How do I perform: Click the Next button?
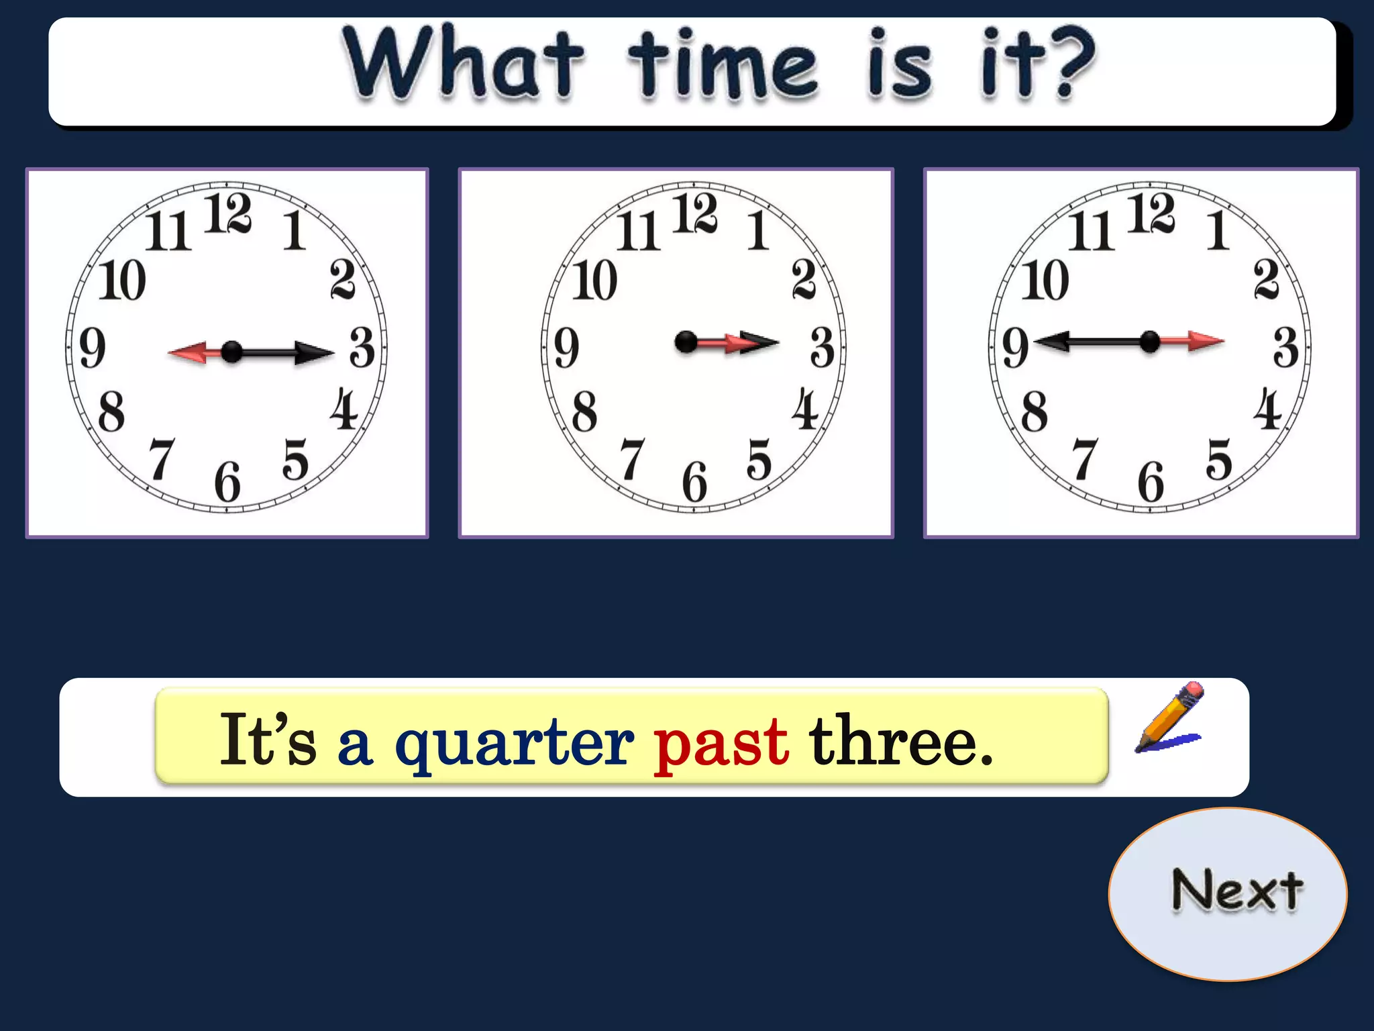click(x=1228, y=893)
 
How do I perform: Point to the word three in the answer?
click(x=900, y=740)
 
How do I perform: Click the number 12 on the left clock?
click(x=227, y=213)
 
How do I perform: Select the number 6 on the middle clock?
click(x=694, y=482)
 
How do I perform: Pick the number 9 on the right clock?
click(x=1015, y=348)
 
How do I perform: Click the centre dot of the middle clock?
click(x=686, y=342)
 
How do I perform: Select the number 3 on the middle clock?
click(x=823, y=347)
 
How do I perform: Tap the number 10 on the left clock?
click(x=122, y=280)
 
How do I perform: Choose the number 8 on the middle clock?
click(x=584, y=411)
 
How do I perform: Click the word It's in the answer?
click(x=268, y=740)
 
